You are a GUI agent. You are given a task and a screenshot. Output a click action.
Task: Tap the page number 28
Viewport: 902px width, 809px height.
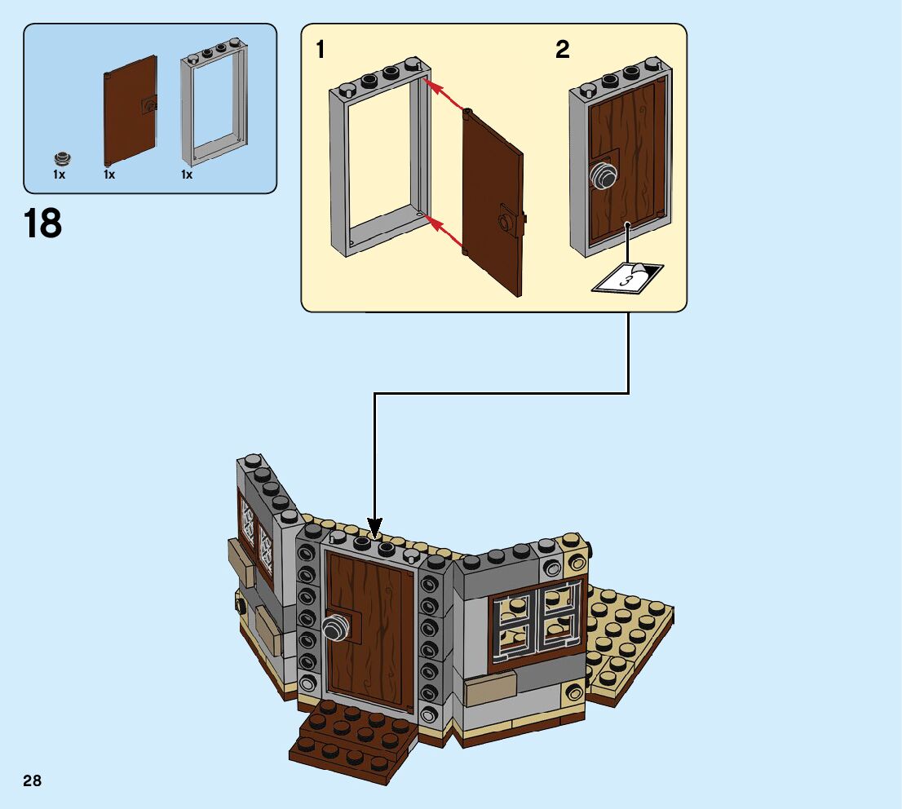[32, 781]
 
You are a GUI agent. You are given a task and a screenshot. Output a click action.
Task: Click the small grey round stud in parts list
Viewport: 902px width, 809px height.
[60, 157]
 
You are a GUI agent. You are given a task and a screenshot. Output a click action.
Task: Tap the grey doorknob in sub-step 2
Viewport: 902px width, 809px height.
[603, 175]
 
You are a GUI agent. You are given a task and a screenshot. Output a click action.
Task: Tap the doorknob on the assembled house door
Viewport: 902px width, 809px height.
[335, 626]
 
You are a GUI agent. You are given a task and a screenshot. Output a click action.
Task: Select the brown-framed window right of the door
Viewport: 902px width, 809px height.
[537, 625]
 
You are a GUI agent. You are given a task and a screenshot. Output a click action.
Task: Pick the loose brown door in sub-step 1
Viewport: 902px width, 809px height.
[493, 201]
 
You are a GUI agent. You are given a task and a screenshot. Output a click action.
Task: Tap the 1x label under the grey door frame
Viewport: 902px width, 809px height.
[187, 175]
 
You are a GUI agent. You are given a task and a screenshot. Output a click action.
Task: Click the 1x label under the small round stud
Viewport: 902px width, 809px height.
[60, 175]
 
